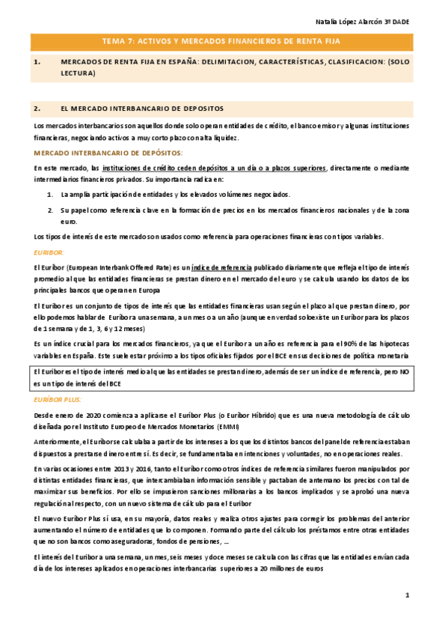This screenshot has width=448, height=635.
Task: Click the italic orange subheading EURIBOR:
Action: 49,253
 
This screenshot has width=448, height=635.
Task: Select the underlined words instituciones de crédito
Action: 134,168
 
